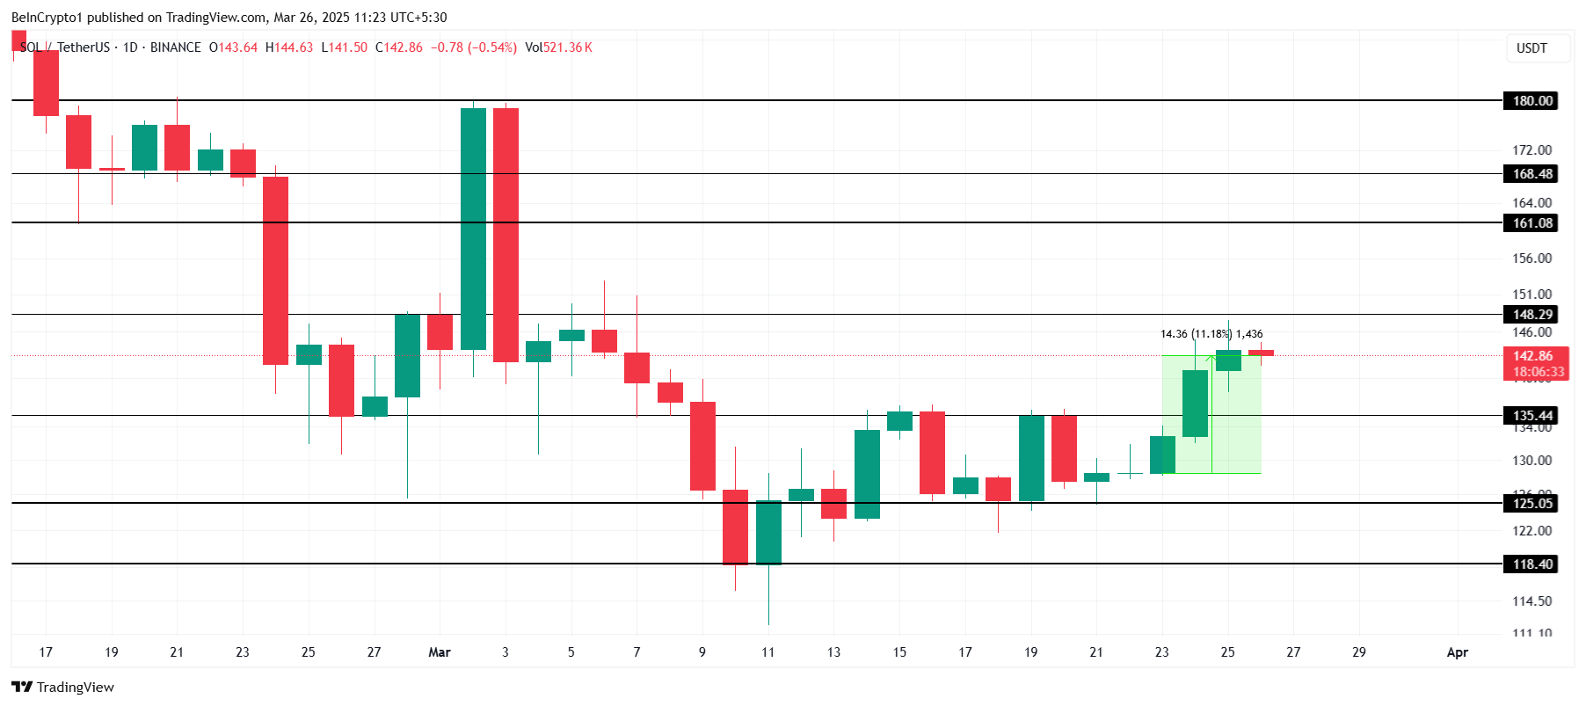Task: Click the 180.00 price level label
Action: [1532, 101]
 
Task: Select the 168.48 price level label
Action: [1532, 174]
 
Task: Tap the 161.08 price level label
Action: [1532, 223]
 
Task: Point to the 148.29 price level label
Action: [1532, 315]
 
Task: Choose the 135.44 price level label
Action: [1532, 416]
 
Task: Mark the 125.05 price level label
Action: [1532, 504]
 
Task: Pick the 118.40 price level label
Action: [1532, 564]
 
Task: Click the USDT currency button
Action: [1531, 48]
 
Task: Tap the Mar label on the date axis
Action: [439, 652]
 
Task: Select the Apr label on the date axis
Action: [1457, 652]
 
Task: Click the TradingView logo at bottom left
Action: [63, 688]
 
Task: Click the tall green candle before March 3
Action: [473, 229]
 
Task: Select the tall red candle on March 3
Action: [506, 235]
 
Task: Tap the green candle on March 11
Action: [768, 532]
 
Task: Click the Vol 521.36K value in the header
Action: [558, 47]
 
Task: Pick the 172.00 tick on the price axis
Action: [1531, 150]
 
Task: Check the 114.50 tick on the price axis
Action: [1531, 601]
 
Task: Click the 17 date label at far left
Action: [46, 652]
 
